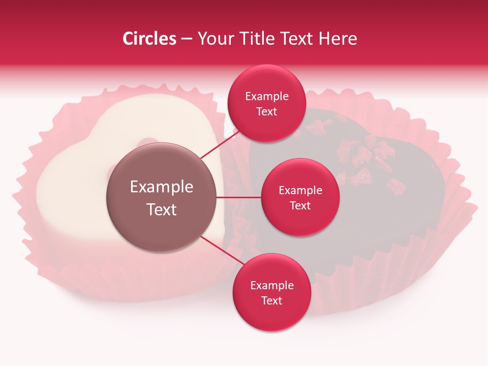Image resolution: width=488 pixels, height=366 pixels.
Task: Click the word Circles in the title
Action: click(x=149, y=39)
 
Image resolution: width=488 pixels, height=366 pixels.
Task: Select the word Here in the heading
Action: click(x=337, y=39)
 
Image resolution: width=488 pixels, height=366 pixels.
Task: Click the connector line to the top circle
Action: click(x=219, y=145)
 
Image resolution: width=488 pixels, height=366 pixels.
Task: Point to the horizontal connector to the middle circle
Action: click(x=239, y=197)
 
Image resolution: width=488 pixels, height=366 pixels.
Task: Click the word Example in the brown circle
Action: click(x=162, y=187)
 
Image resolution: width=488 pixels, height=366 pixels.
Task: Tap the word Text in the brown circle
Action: click(x=162, y=209)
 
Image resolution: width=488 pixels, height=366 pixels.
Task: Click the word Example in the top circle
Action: click(x=267, y=97)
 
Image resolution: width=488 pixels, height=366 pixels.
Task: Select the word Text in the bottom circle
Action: click(x=271, y=301)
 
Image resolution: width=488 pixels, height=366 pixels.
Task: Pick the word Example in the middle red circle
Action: click(x=300, y=191)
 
